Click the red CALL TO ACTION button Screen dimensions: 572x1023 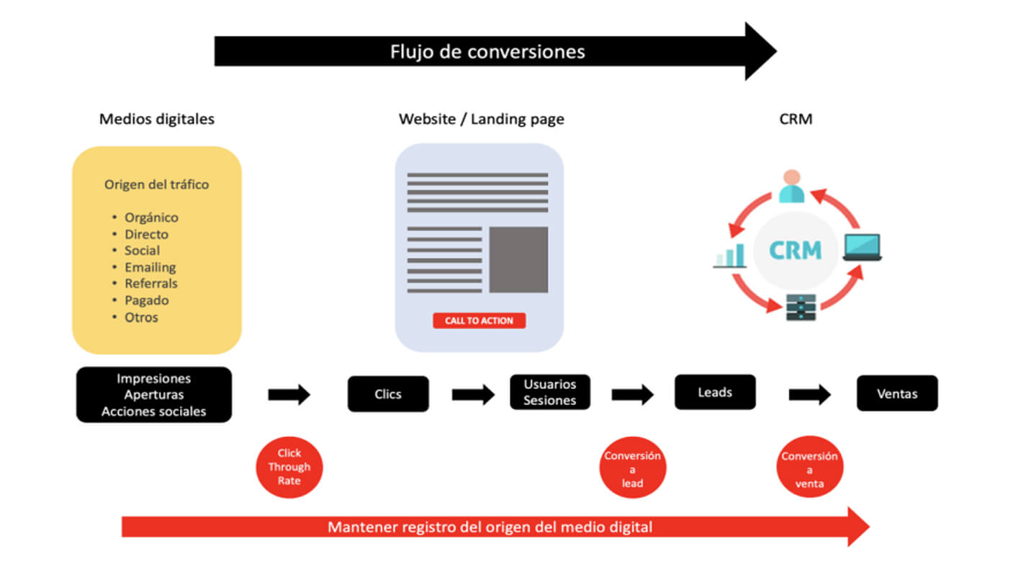point(479,321)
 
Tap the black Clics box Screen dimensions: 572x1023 point(388,394)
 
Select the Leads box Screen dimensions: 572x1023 point(715,392)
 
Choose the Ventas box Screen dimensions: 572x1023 point(897,393)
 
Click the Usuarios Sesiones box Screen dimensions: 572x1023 point(550,392)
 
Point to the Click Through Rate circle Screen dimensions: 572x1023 point(289,467)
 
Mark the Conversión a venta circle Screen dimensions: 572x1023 point(809,468)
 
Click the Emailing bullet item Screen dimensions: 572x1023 point(150,267)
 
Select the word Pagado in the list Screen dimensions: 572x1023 point(146,300)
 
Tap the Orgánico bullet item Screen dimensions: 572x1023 point(151,218)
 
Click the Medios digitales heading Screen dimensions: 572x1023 point(157,119)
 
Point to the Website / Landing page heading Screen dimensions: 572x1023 point(482,119)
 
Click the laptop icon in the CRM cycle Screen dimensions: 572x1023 point(862,248)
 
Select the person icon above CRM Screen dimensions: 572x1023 point(791,186)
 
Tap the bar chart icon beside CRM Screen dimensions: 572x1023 point(730,256)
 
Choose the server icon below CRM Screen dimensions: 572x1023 point(796,308)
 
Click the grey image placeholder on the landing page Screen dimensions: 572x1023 point(518,259)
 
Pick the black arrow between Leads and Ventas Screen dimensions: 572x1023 point(809,394)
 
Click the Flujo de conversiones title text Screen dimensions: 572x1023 point(487,52)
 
